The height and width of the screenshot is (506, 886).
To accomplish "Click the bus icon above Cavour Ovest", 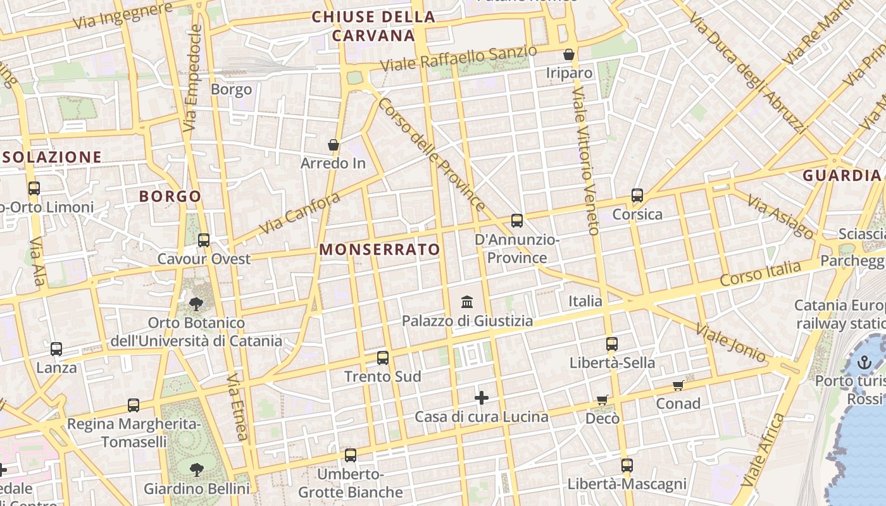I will (x=203, y=240).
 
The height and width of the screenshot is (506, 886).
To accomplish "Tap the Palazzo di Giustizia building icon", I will (x=467, y=302).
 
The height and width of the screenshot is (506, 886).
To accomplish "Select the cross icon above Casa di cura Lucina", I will (x=482, y=398).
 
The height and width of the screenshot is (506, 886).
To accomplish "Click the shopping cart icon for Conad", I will (x=678, y=385).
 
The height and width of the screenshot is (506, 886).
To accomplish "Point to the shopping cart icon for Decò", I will (x=602, y=400).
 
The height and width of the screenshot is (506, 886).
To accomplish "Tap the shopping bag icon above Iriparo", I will (x=569, y=54).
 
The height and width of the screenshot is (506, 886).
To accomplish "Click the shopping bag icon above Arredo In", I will (x=334, y=145).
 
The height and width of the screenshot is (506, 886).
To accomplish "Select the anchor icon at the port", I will (x=864, y=362).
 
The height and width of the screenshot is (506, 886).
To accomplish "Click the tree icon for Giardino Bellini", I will (x=197, y=469).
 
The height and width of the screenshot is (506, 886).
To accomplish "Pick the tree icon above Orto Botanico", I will (x=196, y=304).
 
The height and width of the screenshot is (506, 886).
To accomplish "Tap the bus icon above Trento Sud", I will (x=382, y=358).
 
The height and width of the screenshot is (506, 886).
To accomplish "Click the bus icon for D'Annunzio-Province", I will (x=517, y=221).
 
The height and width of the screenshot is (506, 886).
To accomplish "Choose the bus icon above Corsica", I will (x=637, y=195).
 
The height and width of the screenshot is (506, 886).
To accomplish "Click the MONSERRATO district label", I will (x=379, y=249).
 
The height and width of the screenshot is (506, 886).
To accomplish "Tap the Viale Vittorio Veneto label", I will (x=585, y=161).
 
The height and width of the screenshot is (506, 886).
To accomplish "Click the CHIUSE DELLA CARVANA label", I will (x=373, y=26).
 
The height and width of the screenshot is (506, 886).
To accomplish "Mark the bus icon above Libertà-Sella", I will (x=611, y=344).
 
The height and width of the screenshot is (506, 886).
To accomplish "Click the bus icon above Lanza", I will (x=56, y=349).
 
